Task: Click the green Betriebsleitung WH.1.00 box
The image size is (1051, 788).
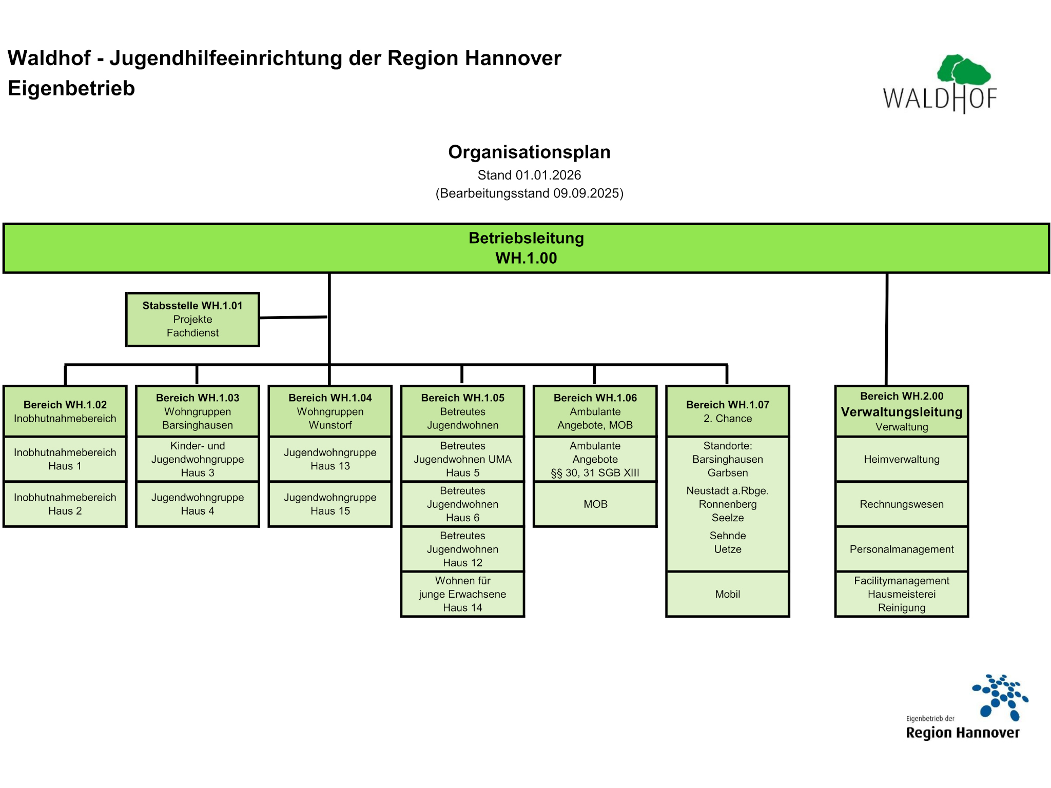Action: (526, 248)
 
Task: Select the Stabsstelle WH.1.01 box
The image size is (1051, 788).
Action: (192, 319)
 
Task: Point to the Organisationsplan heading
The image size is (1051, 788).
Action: (529, 152)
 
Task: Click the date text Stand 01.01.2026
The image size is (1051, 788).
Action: (529, 175)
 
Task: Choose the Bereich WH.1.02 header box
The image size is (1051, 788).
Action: (65, 411)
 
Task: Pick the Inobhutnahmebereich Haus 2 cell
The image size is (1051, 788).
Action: (65, 504)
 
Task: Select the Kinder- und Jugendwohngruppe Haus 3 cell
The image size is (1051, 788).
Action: (198, 459)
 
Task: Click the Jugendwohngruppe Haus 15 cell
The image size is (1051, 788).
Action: (330, 504)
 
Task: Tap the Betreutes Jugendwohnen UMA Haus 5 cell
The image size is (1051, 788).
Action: (462, 459)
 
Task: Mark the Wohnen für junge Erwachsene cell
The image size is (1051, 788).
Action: (462, 594)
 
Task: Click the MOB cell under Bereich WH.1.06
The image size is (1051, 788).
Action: (595, 504)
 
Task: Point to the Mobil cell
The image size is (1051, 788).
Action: (728, 594)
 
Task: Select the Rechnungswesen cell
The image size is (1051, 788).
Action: (902, 504)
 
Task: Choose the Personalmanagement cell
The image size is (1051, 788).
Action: (902, 549)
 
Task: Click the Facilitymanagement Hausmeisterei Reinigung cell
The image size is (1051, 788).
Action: (902, 594)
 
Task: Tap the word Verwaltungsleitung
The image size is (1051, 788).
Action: (902, 412)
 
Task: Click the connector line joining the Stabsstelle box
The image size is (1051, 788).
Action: (293, 318)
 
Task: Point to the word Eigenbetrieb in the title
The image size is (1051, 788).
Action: (71, 88)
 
